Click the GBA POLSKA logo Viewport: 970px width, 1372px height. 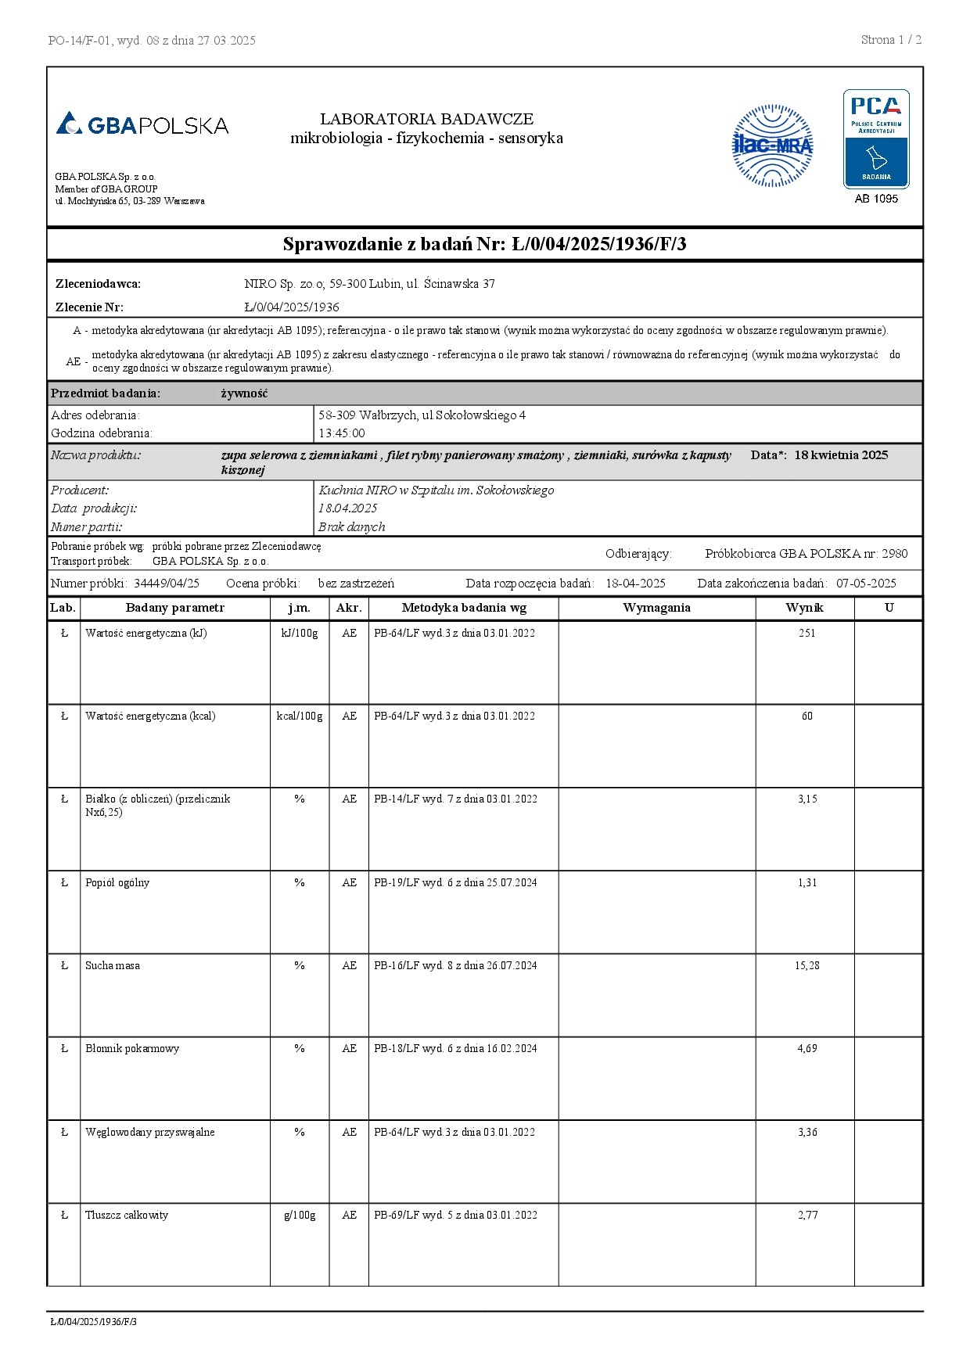click(x=142, y=124)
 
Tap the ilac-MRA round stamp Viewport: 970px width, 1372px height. click(x=772, y=146)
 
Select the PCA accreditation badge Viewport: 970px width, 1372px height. click(x=876, y=139)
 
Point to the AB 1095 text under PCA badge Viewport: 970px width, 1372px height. click(x=876, y=199)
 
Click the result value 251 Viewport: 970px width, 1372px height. click(x=807, y=633)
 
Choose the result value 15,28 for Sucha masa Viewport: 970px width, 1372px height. click(x=807, y=965)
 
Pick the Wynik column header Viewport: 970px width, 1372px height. click(x=804, y=608)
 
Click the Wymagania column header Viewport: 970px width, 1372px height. click(x=656, y=608)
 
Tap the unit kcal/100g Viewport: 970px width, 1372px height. click(x=300, y=716)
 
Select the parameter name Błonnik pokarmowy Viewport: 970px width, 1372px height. click(x=132, y=1048)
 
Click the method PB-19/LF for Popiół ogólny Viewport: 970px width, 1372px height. click(x=455, y=882)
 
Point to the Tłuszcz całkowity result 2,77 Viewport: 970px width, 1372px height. click(x=807, y=1215)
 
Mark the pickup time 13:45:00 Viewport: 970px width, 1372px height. click(x=341, y=433)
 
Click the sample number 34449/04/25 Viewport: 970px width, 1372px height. click(x=167, y=583)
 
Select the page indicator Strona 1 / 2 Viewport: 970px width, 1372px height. click(x=891, y=40)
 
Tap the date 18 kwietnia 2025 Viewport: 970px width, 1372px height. click(x=841, y=455)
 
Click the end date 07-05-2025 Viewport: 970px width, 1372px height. click(x=866, y=583)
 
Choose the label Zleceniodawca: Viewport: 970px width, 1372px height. click(x=98, y=284)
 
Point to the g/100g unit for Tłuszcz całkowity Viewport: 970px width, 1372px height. click(x=300, y=1215)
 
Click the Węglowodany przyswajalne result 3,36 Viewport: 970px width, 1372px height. click(x=807, y=1132)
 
